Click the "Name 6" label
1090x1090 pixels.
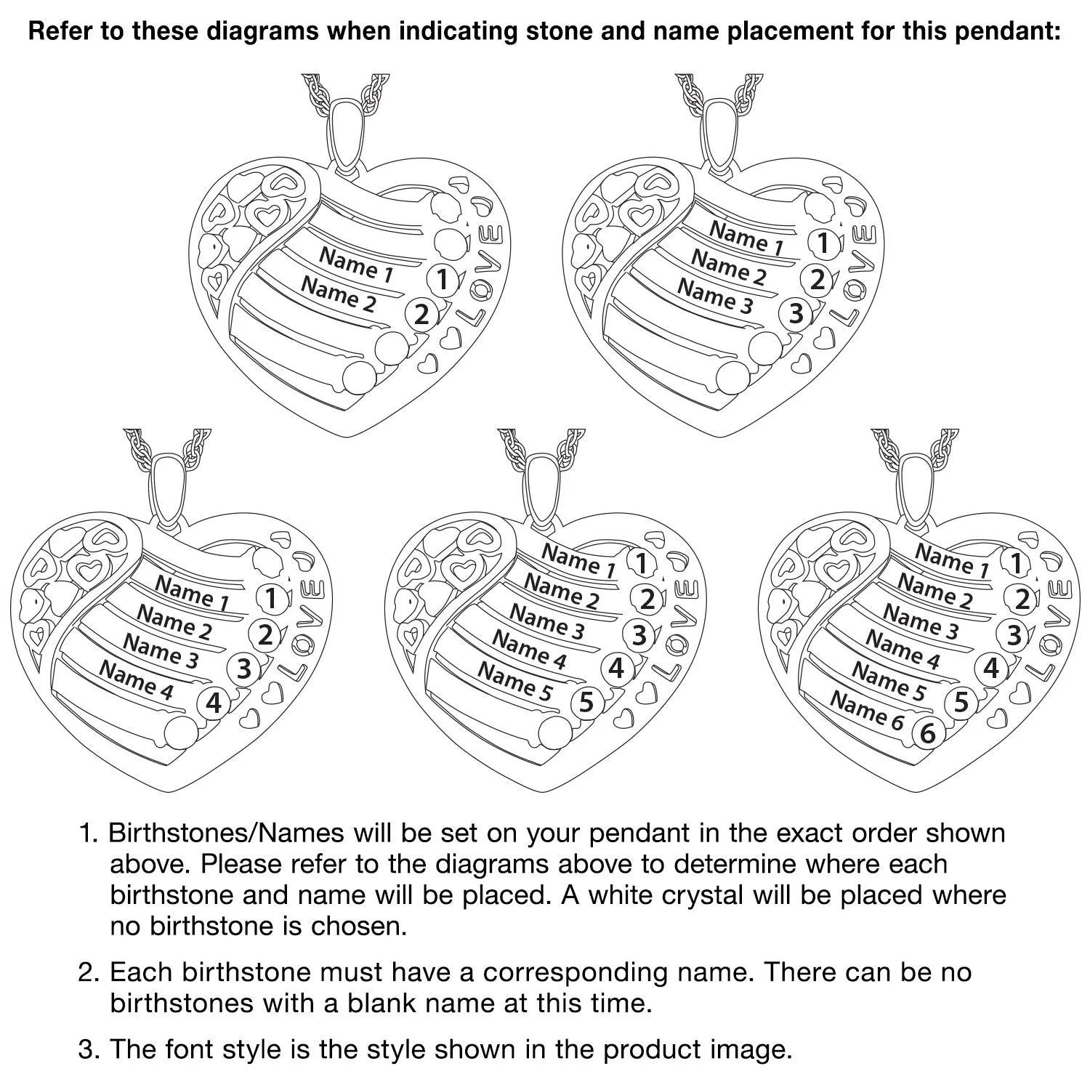(x=867, y=710)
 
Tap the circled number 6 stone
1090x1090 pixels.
(x=927, y=733)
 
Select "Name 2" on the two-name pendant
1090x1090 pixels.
(x=339, y=294)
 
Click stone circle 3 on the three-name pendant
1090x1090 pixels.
(x=796, y=313)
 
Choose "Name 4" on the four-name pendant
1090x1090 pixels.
(x=137, y=680)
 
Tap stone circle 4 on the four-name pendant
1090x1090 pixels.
(x=214, y=703)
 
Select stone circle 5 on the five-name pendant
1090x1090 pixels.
(x=586, y=703)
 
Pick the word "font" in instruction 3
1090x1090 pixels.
(x=190, y=1049)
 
